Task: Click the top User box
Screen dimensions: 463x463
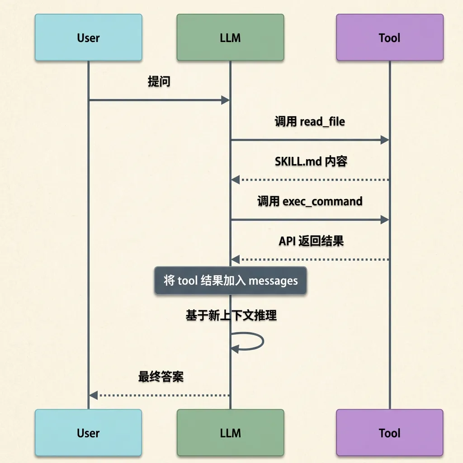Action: pyautogui.click(x=89, y=38)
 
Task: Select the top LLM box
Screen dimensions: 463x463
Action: pyautogui.click(x=230, y=38)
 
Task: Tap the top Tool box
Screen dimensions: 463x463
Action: pyautogui.click(x=390, y=38)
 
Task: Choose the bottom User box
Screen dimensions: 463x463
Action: pyautogui.click(x=89, y=433)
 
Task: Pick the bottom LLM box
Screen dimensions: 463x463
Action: pyautogui.click(x=230, y=433)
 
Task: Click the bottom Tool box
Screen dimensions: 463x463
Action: pyautogui.click(x=390, y=433)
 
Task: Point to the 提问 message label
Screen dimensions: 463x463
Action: pyautogui.click(x=159, y=82)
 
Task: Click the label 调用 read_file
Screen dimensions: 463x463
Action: pyautogui.click(x=310, y=122)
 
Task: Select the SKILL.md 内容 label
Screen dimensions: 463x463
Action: pyautogui.click(x=311, y=161)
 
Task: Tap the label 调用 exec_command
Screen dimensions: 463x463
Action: pyautogui.click(x=310, y=201)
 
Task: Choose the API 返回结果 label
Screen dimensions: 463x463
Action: pyautogui.click(x=311, y=241)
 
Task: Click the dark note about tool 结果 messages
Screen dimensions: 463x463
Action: pyautogui.click(x=231, y=281)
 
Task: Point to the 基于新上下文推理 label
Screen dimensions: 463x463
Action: pyautogui.click(x=231, y=315)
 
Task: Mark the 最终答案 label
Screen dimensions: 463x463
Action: pyautogui.click(x=161, y=376)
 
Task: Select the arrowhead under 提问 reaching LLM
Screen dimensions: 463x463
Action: pyautogui.click(x=226, y=100)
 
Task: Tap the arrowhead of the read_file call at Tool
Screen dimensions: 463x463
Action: pyautogui.click(x=385, y=140)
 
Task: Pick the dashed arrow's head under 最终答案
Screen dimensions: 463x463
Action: pyautogui.click(x=94, y=396)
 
